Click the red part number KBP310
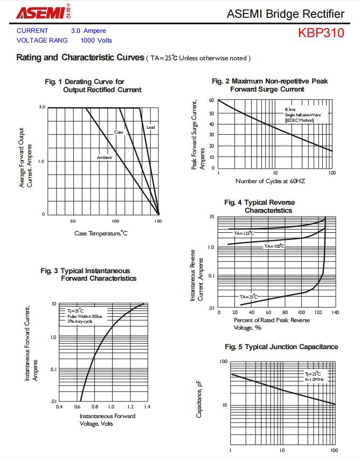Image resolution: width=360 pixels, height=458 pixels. [321, 33]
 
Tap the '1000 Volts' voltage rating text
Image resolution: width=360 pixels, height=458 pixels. [96, 40]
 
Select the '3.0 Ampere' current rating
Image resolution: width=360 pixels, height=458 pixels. [88, 31]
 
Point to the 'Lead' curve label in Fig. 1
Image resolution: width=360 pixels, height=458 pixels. [150, 127]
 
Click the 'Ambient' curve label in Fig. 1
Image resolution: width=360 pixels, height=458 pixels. [105, 157]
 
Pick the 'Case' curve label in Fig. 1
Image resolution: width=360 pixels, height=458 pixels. [119, 132]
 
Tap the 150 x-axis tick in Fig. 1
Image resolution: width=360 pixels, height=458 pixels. [158, 221]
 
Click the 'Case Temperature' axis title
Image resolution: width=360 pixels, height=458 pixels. [101, 233]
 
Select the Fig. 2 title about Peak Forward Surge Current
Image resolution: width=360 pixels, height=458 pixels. [269, 85]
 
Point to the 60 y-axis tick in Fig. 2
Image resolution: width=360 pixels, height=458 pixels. [212, 101]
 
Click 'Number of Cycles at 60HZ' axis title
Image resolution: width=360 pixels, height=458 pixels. [270, 181]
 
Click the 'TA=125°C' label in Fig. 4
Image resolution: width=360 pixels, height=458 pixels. [244, 233]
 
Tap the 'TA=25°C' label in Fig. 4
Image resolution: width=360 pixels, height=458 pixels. [249, 297]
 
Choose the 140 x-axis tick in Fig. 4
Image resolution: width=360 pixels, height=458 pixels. [335, 312]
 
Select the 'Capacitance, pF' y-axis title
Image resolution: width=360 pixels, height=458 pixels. [199, 398]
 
